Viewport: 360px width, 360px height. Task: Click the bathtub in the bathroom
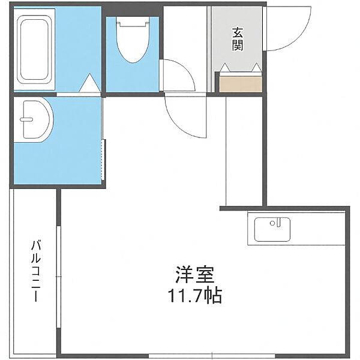(34, 50)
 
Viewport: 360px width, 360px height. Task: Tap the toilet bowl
(133, 43)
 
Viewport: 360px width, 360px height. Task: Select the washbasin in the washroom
(34, 119)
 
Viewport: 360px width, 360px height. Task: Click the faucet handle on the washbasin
(26, 119)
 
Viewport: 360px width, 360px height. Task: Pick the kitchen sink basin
(272, 229)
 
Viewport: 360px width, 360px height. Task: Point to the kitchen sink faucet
(278, 223)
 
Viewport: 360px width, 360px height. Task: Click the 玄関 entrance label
(238, 39)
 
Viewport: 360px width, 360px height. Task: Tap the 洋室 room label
(195, 275)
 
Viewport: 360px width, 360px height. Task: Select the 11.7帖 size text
(195, 296)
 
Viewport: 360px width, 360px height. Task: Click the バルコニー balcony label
(36, 271)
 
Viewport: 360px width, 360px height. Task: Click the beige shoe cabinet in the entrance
(241, 84)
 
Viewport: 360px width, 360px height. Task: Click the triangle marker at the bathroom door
(90, 83)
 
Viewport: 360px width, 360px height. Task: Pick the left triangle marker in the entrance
(225, 67)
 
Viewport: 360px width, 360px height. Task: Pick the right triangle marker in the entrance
(256, 67)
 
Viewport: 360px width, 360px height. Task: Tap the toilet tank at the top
(133, 24)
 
